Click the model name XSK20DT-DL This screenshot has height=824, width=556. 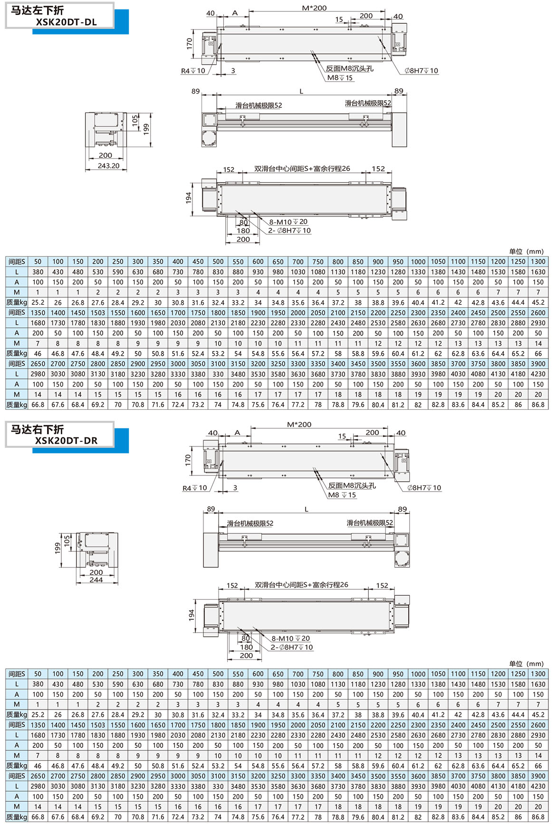[x=66, y=22]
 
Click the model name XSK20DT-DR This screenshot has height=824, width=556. [x=66, y=440]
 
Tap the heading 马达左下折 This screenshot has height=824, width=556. [x=38, y=10]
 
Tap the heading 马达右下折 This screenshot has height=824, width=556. [x=38, y=429]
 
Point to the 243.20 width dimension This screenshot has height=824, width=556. [x=108, y=166]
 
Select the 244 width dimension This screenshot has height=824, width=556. [x=96, y=580]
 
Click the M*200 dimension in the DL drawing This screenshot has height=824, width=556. [x=314, y=8]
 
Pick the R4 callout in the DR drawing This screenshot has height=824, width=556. [x=194, y=488]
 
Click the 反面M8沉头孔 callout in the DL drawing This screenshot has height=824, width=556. [x=349, y=68]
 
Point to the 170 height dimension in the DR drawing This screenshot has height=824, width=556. [x=188, y=459]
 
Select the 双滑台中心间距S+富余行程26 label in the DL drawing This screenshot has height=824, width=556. [x=302, y=169]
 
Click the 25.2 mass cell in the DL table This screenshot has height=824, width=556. [x=38, y=302]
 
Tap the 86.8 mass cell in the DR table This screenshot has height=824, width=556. [x=538, y=817]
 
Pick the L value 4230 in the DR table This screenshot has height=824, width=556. [x=538, y=786]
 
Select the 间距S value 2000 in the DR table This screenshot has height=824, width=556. [x=298, y=725]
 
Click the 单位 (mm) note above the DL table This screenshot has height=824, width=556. [x=526, y=251]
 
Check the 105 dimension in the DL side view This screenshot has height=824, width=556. [x=135, y=120]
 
